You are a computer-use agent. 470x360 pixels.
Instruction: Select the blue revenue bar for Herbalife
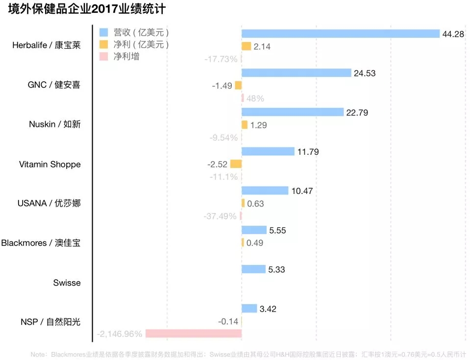pos(341,33)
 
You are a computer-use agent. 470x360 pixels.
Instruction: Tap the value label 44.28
pos(454,34)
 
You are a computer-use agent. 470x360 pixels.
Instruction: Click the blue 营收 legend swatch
pos(103,32)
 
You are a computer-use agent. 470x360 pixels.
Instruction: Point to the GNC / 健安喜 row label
pos(54,85)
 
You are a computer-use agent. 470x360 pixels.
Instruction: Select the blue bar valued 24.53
pos(297,73)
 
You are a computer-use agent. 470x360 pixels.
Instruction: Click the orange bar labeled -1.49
pos(238,85)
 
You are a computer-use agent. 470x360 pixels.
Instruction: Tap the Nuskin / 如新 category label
pos(54,124)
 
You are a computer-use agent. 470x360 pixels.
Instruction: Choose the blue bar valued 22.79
pos(293,112)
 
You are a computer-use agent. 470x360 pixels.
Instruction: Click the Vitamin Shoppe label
pos(49,164)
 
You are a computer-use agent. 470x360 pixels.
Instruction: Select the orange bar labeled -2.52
pos(236,164)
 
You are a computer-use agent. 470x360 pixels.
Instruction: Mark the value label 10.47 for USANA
pos(302,191)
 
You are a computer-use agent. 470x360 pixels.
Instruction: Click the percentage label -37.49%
pos(220,216)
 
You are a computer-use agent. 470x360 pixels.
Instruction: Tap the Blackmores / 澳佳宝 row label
pos(41,243)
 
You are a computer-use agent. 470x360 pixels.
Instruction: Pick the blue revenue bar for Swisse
pos(253,269)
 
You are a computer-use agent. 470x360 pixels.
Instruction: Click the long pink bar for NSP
pos(194,334)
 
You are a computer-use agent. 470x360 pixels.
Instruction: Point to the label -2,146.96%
pos(120,334)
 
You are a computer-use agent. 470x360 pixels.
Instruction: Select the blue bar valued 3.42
pos(249,309)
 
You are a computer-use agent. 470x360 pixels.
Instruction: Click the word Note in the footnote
pos(38,354)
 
